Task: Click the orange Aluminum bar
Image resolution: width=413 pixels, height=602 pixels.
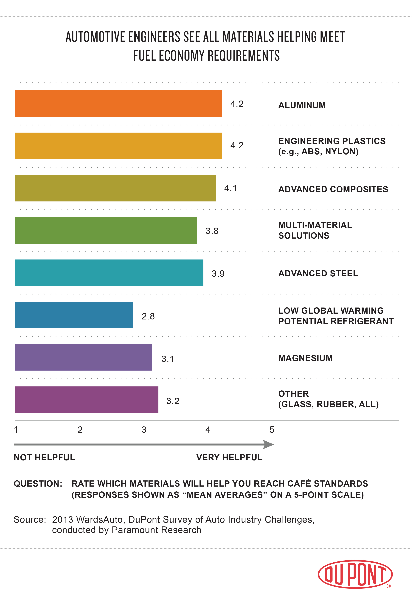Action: pos(119,104)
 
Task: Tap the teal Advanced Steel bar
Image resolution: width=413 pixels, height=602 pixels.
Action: pos(109,273)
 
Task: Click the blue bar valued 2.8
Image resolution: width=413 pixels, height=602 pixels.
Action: pos(74,315)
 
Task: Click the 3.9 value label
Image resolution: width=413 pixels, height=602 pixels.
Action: pos(218,274)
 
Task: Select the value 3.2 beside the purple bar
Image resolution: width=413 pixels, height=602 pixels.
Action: pos(173,401)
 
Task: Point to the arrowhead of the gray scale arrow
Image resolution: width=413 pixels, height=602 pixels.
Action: pos(269,444)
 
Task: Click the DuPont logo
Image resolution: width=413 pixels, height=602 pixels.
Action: pos(355,574)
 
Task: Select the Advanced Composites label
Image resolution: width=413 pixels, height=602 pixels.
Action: pos(333,189)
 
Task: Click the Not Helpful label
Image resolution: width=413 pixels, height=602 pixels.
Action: pos(44,458)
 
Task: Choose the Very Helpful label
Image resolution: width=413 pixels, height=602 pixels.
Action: pos(229,458)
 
